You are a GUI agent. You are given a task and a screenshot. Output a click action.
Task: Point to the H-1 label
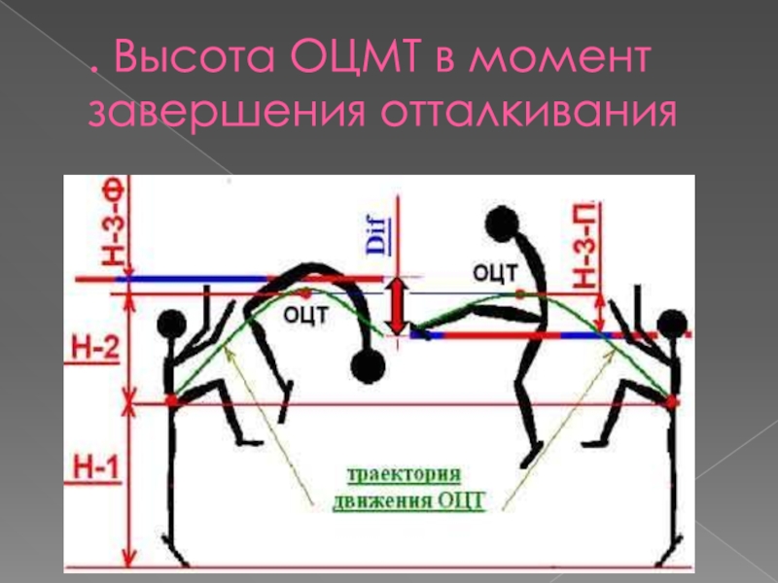[95, 470]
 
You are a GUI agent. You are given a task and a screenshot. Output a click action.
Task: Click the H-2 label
[95, 348]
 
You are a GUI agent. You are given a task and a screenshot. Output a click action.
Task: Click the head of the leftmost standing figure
[172, 324]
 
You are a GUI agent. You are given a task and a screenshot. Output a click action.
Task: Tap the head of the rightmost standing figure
[672, 325]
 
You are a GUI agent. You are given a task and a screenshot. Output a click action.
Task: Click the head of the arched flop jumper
[368, 367]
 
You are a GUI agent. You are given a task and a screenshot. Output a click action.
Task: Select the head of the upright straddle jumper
[502, 225]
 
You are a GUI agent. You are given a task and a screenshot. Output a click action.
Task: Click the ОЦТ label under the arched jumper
[304, 314]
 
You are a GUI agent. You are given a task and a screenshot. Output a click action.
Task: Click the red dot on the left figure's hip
[172, 399]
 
